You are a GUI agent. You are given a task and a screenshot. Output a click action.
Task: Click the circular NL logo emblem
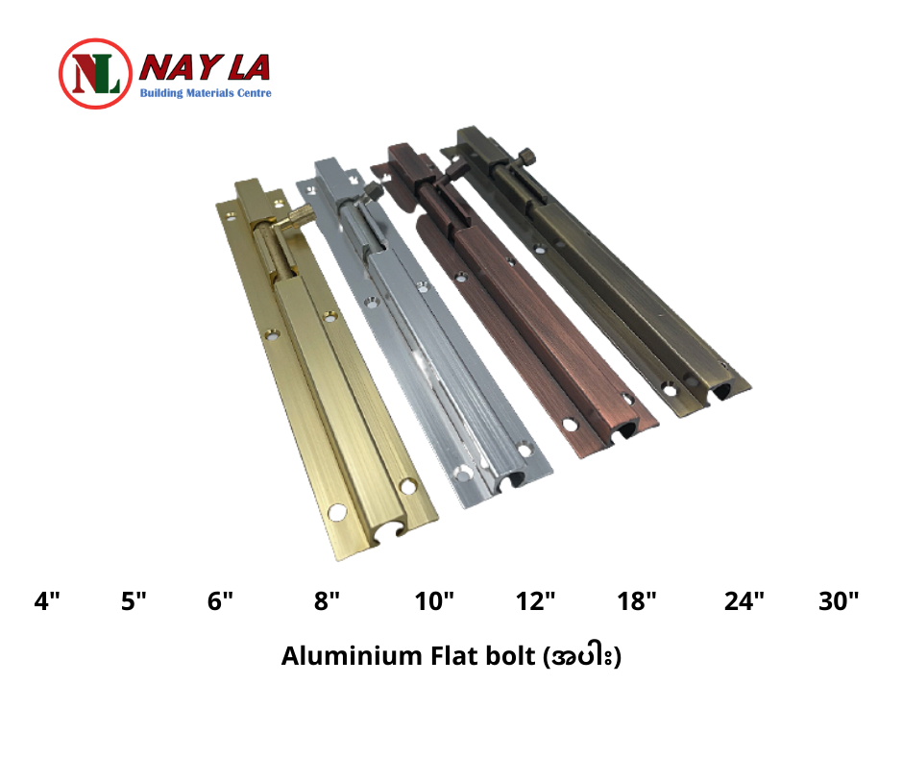point(96,74)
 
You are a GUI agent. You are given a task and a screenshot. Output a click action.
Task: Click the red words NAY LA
point(205,68)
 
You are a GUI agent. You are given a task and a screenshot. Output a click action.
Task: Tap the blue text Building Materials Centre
point(206,93)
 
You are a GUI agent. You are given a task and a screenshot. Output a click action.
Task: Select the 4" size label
point(47,600)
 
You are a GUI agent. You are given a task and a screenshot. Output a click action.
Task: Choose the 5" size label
point(134,600)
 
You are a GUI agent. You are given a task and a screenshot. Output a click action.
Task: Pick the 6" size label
point(221,600)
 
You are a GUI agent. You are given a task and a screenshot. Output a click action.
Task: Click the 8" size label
point(328,600)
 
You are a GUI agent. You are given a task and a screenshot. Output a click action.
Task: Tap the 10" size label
point(434,600)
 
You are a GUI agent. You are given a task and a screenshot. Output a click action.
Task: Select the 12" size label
point(536,600)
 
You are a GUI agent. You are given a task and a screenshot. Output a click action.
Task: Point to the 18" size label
point(637,600)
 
